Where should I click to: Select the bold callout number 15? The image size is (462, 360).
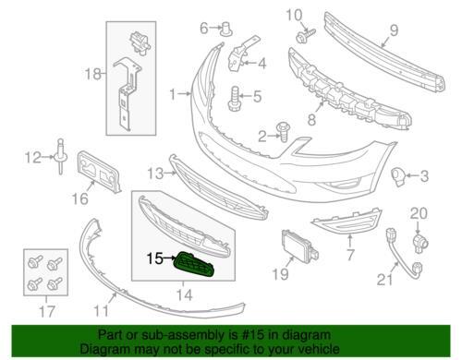point(154,258)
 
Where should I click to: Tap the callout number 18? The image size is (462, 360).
point(92,74)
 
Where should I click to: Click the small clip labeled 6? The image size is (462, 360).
point(226,30)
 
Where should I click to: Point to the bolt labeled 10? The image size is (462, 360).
point(305,35)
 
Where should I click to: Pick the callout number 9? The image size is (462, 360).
point(394,30)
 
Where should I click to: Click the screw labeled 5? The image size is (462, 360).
point(234,99)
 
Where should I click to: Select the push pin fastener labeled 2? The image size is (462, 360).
point(282,132)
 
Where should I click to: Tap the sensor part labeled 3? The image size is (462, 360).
point(398,177)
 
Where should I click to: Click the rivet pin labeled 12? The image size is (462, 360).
point(61,157)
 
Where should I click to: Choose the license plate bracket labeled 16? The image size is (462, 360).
point(99,172)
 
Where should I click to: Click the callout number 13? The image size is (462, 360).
point(155,174)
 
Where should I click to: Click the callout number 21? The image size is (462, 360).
point(384,280)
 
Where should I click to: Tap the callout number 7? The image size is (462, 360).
point(350,255)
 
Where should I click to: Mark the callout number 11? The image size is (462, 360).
point(102,311)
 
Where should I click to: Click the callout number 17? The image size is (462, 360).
point(47,311)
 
